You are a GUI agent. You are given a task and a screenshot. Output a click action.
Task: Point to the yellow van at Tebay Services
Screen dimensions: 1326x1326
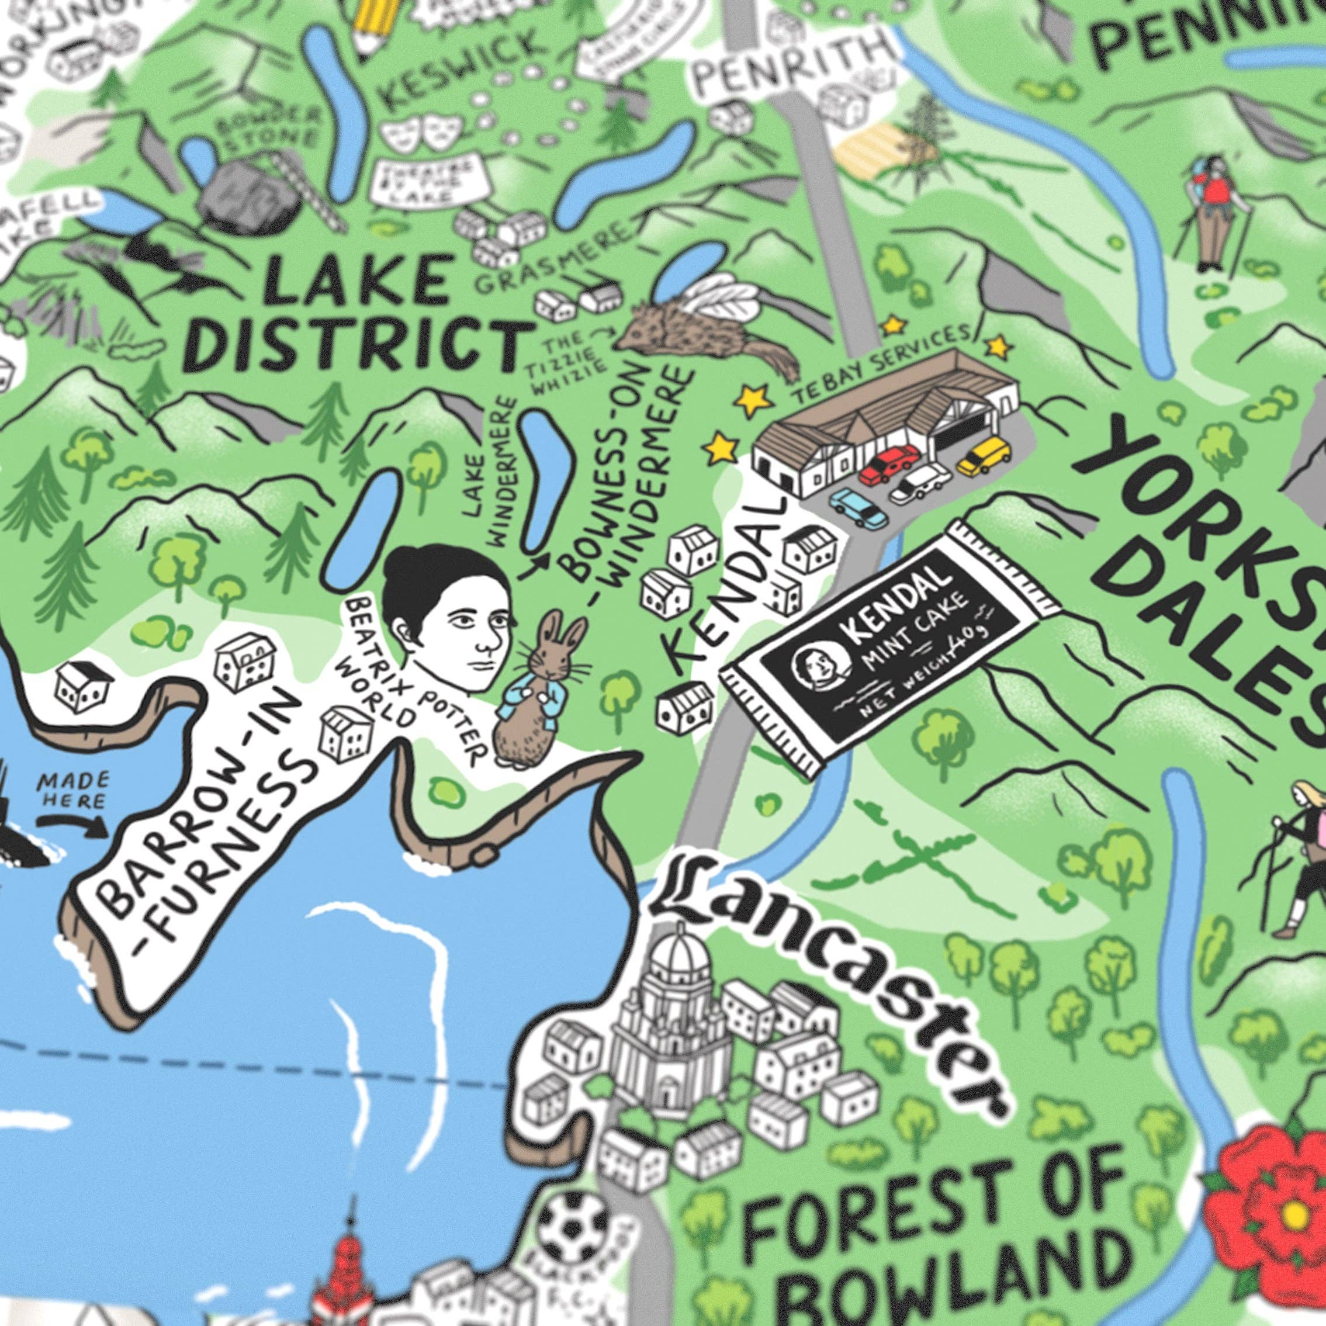pyautogui.click(x=983, y=456)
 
